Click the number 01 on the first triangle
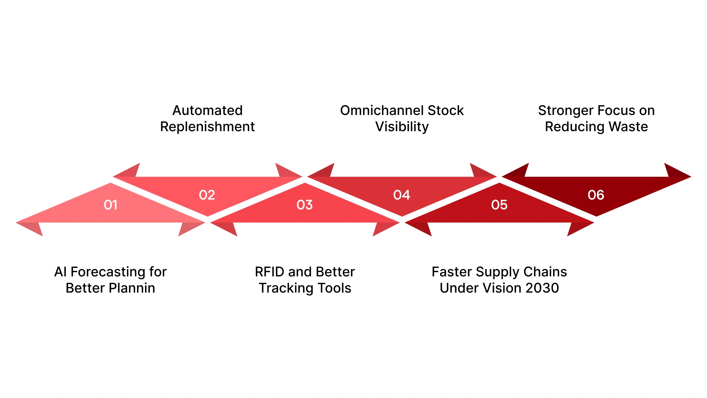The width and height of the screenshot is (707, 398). click(x=110, y=205)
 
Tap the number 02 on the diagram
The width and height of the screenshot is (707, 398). click(x=207, y=195)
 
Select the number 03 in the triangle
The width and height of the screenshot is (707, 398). click(x=305, y=205)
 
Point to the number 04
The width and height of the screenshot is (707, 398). click(x=401, y=195)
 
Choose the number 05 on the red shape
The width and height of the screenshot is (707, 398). click(x=499, y=205)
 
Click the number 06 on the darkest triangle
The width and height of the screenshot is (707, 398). click(x=596, y=195)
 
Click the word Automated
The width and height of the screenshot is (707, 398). click(x=207, y=111)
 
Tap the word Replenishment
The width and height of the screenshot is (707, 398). click(x=207, y=127)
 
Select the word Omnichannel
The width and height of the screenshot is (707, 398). click(x=381, y=111)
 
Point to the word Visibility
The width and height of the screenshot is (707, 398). click(x=402, y=127)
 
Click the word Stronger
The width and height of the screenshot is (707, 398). click(x=566, y=111)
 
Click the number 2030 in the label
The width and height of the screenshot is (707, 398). click(x=542, y=288)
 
